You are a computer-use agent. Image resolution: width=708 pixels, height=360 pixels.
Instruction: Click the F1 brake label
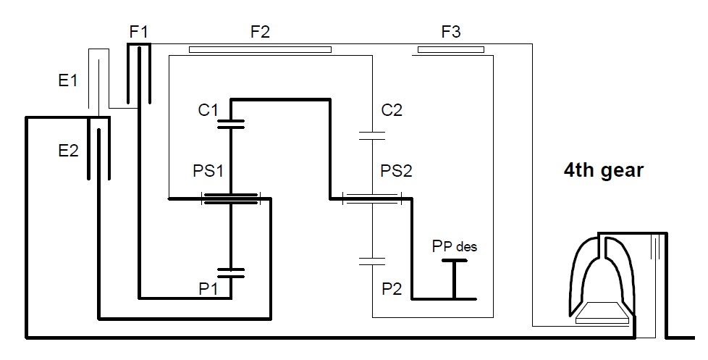(x=138, y=32)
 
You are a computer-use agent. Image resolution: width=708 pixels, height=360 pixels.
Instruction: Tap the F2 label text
(x=260, y=32)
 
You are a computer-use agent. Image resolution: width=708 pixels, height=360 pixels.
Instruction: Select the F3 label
(x=450, y=32)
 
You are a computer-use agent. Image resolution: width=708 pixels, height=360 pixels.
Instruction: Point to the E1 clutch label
(x=68, y=80)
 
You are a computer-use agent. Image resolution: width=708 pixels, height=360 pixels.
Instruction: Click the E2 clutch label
(x=68, y=151)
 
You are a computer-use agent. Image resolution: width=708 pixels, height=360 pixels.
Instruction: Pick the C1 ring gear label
(x=208, y=110)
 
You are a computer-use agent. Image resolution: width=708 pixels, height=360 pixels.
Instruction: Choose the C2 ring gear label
(x=392, y=110)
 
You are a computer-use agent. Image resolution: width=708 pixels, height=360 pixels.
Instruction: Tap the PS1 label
(x=208, y=171)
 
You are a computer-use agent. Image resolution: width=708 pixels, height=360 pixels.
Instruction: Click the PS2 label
(x=397, y=171)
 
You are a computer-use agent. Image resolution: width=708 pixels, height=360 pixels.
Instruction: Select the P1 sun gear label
(x=208, y=288)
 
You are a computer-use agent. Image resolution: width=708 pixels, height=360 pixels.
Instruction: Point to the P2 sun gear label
(x=392, y=288)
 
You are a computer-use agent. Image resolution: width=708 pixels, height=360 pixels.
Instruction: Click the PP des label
(x=454, y=246)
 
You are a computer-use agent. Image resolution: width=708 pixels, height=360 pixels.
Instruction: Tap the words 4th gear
(x=604, y=170)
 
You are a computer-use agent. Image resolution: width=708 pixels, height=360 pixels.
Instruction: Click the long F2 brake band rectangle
(x=260, y=50)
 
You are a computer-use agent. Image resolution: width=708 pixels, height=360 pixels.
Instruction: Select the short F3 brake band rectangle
(x=450, y=50)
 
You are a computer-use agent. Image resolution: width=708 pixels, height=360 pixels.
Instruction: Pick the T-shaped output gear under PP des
(x=454, y=280)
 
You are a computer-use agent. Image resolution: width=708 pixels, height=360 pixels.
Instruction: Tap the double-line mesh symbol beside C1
(x=231, y=124)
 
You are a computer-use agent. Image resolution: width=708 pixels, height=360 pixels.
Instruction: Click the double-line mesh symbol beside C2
(x=372, y=136)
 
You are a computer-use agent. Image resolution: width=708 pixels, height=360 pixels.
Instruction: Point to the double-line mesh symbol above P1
(x=231, y=273)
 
